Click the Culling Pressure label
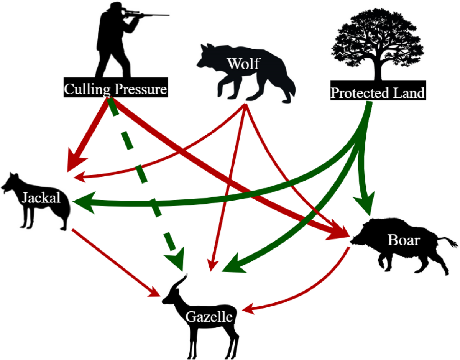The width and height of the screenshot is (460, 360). (x=116, y=89)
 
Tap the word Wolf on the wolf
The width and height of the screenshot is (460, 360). (x=243, y=64)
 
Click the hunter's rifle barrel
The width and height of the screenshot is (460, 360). (x=153, y=15)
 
